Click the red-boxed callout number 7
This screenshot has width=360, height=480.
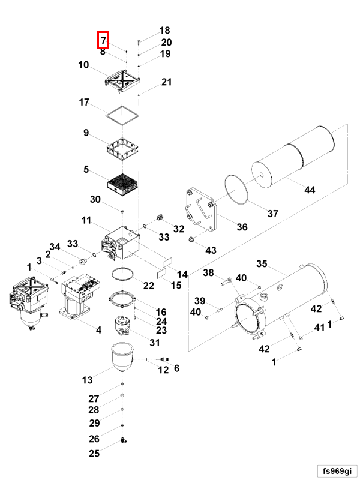tap(103, 40)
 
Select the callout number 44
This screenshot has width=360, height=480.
tap(309, 190)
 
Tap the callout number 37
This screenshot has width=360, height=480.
tap(273, 214)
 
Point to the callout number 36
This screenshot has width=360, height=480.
tap(242, 227)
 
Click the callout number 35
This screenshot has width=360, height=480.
tap(262, 263)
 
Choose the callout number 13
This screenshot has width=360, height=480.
tap(88, 380)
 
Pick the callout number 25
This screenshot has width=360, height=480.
tap(94, 453)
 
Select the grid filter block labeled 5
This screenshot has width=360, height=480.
tap(122, 181)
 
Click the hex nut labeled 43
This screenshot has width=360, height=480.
tap(191, 241)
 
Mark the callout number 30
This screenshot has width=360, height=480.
tap(96, 200)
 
